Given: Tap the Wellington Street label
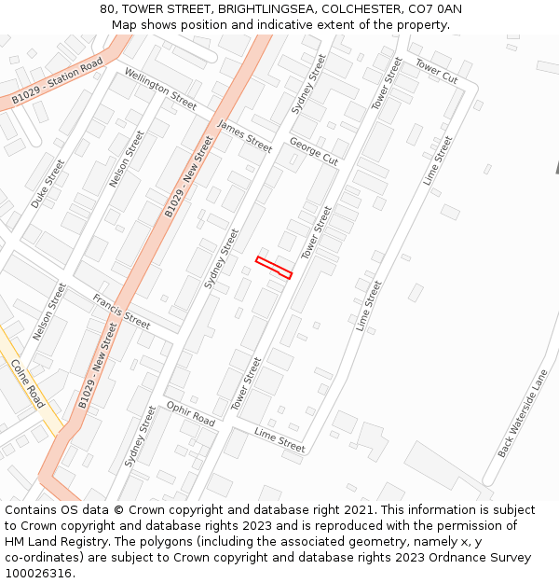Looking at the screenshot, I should [160, 89].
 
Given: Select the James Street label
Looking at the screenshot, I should [244, 136].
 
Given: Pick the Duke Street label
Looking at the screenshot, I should [48, 184].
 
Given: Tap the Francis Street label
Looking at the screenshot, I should [121, 311].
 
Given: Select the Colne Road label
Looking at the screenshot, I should [28, 383].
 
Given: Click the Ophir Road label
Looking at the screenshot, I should [190, 414].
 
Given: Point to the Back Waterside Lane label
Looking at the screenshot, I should [523, 412].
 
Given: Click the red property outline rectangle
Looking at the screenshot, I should [274, 268].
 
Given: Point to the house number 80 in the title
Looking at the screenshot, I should [108, 9].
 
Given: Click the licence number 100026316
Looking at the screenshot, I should [38, 574].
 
